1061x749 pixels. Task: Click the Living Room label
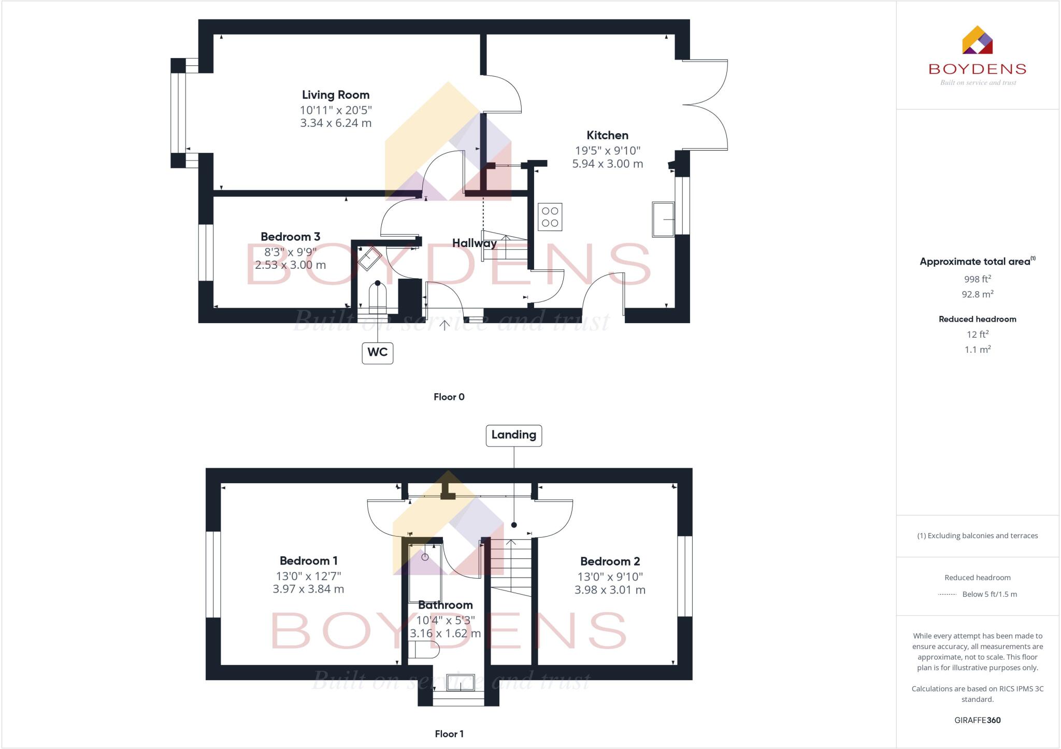(336, 95)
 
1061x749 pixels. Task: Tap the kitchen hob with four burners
(550, 217)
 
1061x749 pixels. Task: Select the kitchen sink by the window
(663, 220)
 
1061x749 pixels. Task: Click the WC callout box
(377, 352)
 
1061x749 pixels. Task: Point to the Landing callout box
(513, 435)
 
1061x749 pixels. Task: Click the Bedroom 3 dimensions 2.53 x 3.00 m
(290, 265)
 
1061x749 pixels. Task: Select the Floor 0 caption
(449, 397)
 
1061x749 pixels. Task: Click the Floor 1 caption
(449, 733)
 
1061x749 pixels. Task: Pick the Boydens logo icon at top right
(977, 40)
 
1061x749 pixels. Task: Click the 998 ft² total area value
(977, 279)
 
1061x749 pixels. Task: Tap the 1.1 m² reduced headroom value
(977, 350)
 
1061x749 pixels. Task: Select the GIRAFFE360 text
(977, 720)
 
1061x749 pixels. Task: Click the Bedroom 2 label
(610, 561)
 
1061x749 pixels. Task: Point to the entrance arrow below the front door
(444, 325)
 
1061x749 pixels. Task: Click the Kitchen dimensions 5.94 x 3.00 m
(607, 164)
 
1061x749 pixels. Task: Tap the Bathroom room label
(445, 605)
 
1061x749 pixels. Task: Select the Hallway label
(474, 243)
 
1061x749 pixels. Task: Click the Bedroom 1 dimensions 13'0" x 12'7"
(308, 576)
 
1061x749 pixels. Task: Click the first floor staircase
(511, 567)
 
